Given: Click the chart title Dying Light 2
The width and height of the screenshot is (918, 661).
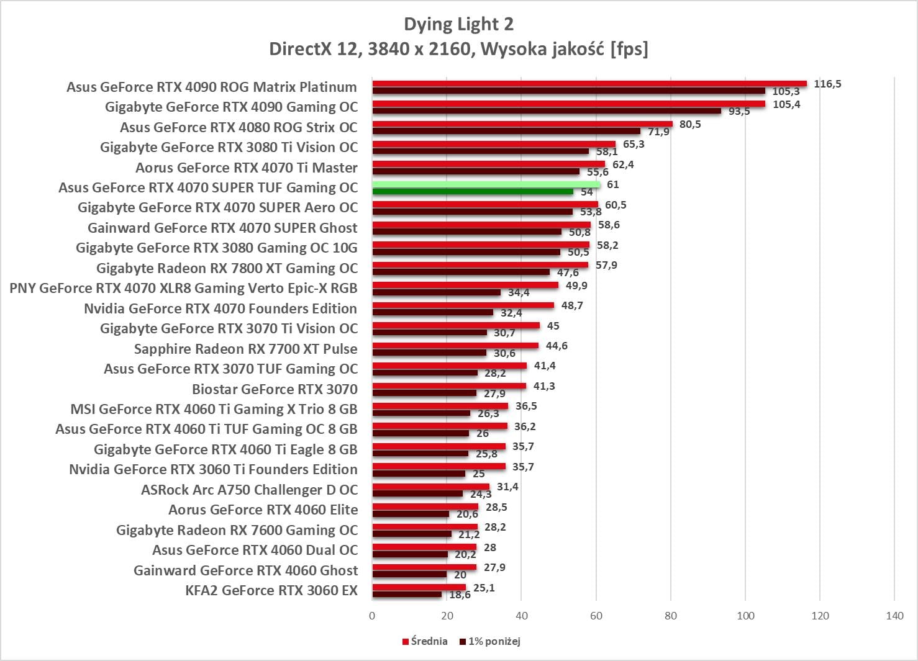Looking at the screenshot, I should click(458, 24).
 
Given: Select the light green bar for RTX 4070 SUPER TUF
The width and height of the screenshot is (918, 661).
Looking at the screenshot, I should click(486, 184).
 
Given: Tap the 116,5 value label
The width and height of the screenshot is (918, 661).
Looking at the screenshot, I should click(827, 84).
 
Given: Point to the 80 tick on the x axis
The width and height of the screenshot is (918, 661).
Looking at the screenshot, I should click(671, 616).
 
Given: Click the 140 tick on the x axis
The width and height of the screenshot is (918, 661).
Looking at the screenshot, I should click(894, 616).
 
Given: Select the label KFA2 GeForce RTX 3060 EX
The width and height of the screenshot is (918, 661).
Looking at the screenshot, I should click(271, 590).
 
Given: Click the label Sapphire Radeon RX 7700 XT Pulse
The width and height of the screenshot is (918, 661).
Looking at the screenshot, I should click(246, 349).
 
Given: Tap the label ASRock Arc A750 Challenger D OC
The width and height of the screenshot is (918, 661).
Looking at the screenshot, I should click(249, 490).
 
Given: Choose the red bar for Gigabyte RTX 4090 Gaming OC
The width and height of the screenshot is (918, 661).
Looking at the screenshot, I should click(568, 104).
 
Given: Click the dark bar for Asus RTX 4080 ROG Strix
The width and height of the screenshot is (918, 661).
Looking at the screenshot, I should click(506, 131).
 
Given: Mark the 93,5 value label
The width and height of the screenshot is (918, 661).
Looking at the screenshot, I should click(739, 112).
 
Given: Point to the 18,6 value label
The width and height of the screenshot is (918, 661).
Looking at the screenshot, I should click(460, 595).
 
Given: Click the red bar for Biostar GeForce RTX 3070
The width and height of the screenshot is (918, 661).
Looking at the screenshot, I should click(449, 386).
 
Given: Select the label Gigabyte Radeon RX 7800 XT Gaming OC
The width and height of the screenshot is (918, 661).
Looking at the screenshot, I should click(227, 268).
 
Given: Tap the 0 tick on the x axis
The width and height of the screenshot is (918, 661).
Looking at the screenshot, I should click(372, 616).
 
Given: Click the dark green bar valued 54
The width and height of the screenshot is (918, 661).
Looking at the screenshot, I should click(473, 192).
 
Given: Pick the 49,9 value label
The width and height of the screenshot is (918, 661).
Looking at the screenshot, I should click(576, 286).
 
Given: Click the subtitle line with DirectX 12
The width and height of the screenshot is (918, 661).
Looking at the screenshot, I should click(458, 49).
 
